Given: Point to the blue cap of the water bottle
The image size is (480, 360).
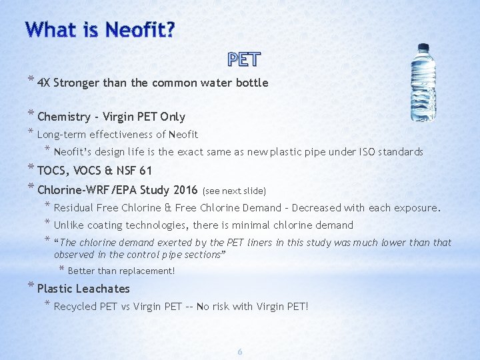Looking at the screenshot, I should click(x=423, y=49).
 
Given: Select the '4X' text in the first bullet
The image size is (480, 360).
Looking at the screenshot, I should click(x=44, y=83).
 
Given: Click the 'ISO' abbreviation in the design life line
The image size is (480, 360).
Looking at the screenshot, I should click(x=366, y=152).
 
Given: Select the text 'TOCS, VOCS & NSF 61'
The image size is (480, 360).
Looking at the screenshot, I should click(x=95, y=170).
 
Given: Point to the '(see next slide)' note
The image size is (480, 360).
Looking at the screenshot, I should click(x=234, y=190).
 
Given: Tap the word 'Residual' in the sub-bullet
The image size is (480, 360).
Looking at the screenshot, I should click(x=74, y=208).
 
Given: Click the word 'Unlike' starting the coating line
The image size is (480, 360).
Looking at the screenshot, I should click(x=68, y=225).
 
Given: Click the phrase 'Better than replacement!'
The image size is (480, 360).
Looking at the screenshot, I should click(x=121, y=271).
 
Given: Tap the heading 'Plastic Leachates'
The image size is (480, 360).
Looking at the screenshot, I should click(x=83, y=289).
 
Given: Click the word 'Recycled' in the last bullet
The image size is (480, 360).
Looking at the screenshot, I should click(x=76, y=307).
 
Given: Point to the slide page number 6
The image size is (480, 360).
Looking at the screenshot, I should click(x=241, y=351).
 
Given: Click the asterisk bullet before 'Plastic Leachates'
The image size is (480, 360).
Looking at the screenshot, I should click(x=31, y=287).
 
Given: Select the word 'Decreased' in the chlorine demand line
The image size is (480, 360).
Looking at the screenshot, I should click(x=341, y=208).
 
